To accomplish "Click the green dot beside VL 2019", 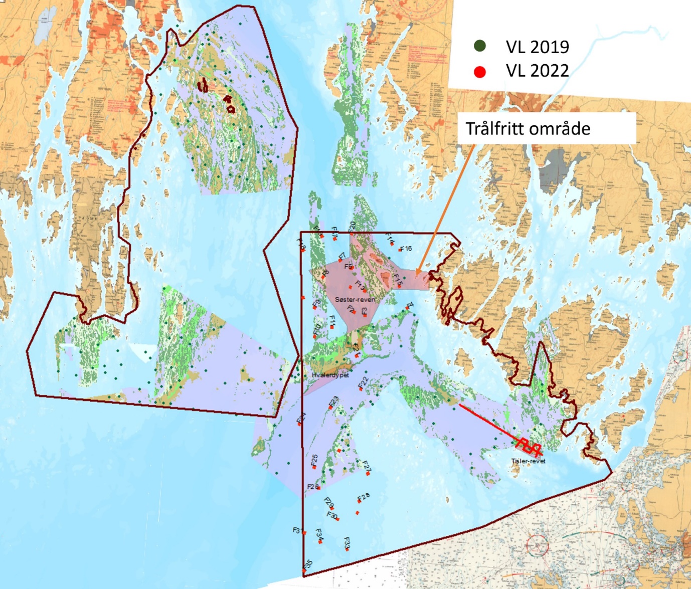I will pos(480,47).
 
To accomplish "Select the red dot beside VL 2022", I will pos(480,72).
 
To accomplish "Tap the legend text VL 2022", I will pos(537,71).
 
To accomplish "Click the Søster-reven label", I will pos(355,299).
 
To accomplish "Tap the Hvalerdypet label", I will pos(330,375).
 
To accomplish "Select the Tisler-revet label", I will pos(528,461).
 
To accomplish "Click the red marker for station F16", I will pos(400,250).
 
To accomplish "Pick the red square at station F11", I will pos(332,327).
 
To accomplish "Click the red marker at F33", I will pos(347,549).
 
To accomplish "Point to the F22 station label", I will pos(363,382).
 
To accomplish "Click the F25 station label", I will pos(314,460).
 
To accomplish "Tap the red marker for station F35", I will pos(304,570).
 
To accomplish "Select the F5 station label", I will pos(348,266).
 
